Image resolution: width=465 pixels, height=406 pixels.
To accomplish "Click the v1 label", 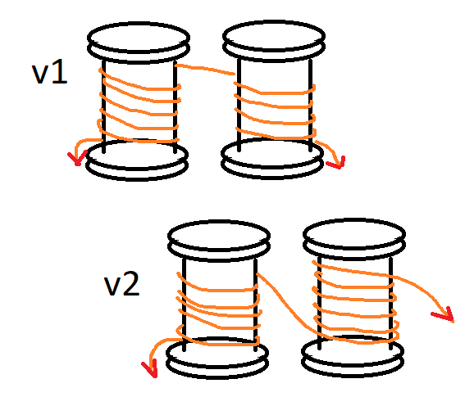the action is click(49, 74).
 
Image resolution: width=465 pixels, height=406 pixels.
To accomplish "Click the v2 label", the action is click(122, 285).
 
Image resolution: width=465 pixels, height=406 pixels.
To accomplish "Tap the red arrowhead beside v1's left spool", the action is click(77, 159).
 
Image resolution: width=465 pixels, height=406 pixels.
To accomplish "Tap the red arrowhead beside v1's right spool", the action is click(336, 163).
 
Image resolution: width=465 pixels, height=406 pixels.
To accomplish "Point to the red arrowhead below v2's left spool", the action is click(150, 369).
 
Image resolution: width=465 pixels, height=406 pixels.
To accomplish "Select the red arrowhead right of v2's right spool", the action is click(444, 314).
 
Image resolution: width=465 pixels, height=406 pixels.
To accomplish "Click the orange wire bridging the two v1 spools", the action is click(205, 69).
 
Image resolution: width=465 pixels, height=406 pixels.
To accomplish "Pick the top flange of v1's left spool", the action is click(139, 43).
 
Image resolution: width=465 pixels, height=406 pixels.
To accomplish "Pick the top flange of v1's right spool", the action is click(274, 41).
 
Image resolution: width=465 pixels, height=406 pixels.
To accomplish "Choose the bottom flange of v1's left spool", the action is click(137, 160).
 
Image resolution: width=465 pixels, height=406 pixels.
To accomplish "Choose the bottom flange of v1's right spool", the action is click(272, 159).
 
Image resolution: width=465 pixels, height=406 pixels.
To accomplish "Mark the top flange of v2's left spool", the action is click(219, 241).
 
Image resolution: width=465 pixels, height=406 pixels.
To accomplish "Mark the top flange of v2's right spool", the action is click(354, 239).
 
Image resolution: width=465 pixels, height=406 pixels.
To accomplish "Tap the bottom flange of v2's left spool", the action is click(217, 358).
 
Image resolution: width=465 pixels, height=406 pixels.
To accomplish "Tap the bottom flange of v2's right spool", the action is click(353, 357).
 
